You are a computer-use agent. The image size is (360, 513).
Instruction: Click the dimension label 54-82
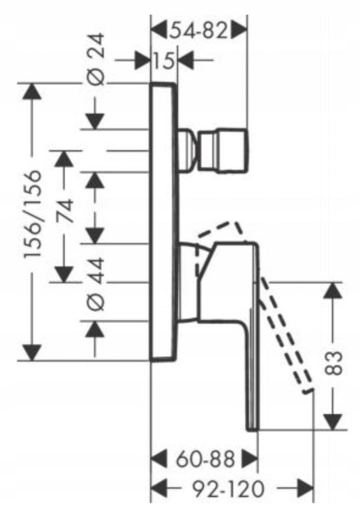[x=198, y=31]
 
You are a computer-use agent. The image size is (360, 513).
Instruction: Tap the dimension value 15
[x=164, y=60]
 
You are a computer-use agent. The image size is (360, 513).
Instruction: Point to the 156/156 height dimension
[x=33, y=213]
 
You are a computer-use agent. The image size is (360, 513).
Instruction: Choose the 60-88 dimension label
[x=206, y=459]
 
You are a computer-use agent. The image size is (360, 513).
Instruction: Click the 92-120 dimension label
[x=228, y=489]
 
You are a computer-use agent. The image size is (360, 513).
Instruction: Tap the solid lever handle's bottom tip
[x=253, y=429]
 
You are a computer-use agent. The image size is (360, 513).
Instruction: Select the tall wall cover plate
[x=164, y=222]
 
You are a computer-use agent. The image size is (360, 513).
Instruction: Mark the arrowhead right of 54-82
[x=239, y=31]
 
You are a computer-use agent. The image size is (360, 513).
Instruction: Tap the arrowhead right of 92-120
[x=305, y=489]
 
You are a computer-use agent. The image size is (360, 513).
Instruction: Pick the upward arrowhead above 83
[x=333, y=290]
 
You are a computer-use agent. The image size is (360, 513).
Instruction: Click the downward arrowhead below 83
[x=333, y=422]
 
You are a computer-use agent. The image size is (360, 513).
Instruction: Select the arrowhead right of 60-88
[x=250, y=459]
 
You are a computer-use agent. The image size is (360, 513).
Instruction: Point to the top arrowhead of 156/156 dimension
[x=32, y=91]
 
